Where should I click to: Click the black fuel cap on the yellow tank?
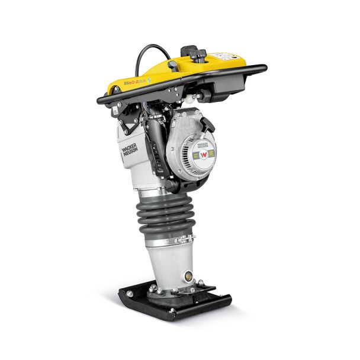(201, 54)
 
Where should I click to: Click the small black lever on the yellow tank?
(173, 65)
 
